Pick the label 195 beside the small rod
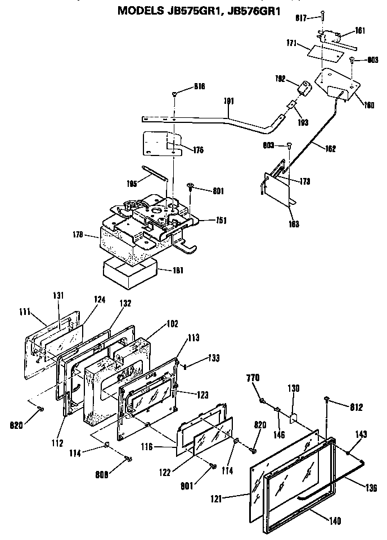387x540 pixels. [132, 183]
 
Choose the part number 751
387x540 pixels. [220, 220]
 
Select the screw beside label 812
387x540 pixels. [327, 399]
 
